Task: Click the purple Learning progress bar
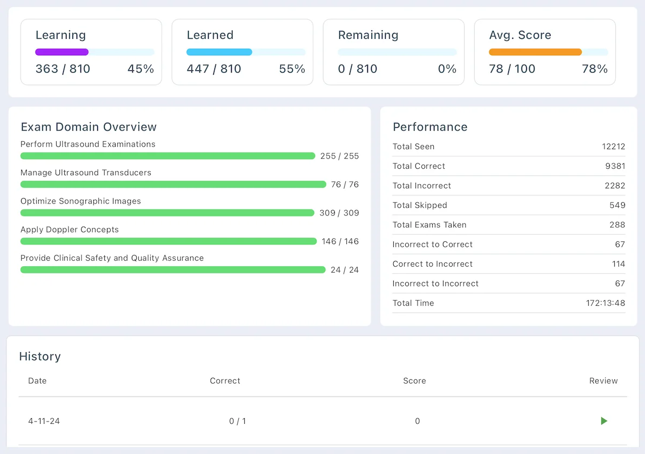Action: point(62,52)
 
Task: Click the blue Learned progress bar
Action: point(219,52)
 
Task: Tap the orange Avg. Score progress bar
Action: point(535,52)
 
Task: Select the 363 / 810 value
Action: point(63,69)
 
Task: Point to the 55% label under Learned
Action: point(292,69)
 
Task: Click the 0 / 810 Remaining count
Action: point(358,69)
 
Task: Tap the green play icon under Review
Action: point(604,421)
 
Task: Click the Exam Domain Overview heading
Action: point(89,127)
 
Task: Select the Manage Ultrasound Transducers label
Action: point(86,173)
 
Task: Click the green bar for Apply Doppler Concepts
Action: point(169,241)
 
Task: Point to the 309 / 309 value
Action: point(339,213)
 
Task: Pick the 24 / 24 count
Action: point(345,269)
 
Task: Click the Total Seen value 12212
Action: point(614,147)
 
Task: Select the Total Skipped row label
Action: point(420,205)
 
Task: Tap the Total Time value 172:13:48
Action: point(606,303)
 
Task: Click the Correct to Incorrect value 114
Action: point(619,264)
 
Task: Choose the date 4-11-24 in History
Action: point(44,421)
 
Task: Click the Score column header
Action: point(414,381)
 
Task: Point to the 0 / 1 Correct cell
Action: point(237,421)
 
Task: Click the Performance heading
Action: point(430,127)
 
